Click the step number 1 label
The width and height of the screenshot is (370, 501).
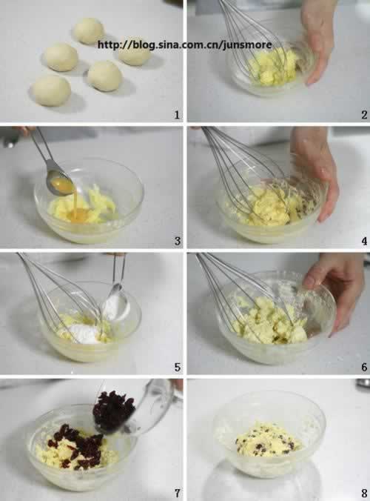[177, 115]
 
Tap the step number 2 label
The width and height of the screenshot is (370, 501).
[364, 115]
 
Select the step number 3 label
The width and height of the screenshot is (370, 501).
[178, 241]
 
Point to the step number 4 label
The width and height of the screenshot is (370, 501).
[364, 241]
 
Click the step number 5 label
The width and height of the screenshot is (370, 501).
[178, 368]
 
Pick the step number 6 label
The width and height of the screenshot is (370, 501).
[364, 368]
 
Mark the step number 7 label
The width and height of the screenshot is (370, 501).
[178, 494]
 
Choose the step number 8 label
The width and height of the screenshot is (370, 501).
[364, 494]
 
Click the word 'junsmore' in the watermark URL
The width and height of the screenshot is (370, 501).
[247, 45]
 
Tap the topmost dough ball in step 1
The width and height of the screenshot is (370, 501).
[89, 31]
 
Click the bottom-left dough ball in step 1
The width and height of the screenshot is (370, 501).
[51, 90]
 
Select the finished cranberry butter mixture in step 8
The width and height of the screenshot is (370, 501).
[269, 439]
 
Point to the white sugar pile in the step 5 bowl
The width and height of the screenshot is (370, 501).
[84, 334]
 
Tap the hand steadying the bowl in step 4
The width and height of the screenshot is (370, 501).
[314, 173]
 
